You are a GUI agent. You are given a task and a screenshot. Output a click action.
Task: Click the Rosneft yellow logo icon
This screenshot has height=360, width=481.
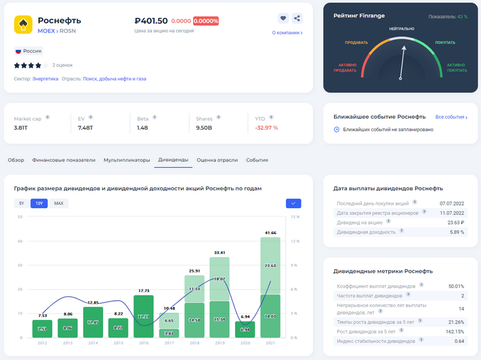[x=23, y=25]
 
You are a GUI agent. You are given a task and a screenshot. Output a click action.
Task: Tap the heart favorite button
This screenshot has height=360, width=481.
[x=283, y=19]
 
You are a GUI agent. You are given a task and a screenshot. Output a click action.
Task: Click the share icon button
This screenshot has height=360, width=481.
[x=297, y=19]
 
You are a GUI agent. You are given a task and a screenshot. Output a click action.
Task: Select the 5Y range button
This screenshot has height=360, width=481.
[x=21, y=203]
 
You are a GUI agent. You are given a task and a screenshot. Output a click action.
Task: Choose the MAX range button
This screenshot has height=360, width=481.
[x=58, y=203]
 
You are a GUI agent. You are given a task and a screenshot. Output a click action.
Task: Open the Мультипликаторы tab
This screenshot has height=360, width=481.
[x=126, y=160]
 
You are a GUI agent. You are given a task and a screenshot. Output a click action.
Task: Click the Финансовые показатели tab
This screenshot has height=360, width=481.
[x=64, y=160]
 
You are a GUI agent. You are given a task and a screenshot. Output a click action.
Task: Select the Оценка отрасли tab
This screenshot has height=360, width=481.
[x=217, y=160]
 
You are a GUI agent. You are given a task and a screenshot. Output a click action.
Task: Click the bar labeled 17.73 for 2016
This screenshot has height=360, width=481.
[x=143, y=317]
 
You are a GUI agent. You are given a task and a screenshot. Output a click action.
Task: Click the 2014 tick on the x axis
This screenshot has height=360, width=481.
[x=93, y=343]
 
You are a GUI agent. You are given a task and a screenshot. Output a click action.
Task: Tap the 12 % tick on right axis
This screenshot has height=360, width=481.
[x=295, y=241]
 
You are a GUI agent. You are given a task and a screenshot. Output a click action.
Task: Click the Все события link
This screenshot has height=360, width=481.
[x=456, y=117]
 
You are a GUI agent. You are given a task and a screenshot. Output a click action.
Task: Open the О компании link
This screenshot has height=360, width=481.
[x=287, y=32]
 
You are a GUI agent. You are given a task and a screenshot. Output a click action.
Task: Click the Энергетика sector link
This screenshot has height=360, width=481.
[x=45, y=79]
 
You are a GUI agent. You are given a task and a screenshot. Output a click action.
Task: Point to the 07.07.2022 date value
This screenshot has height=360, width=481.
[x=452, y=204]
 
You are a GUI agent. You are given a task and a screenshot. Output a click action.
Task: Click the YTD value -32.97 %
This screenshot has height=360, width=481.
[x=267, y=128]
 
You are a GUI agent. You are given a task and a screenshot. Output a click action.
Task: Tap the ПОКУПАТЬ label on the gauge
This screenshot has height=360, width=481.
[x=445, y=43]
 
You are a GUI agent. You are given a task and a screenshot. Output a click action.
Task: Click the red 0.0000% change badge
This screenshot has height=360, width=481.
[x=206, y=21]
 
